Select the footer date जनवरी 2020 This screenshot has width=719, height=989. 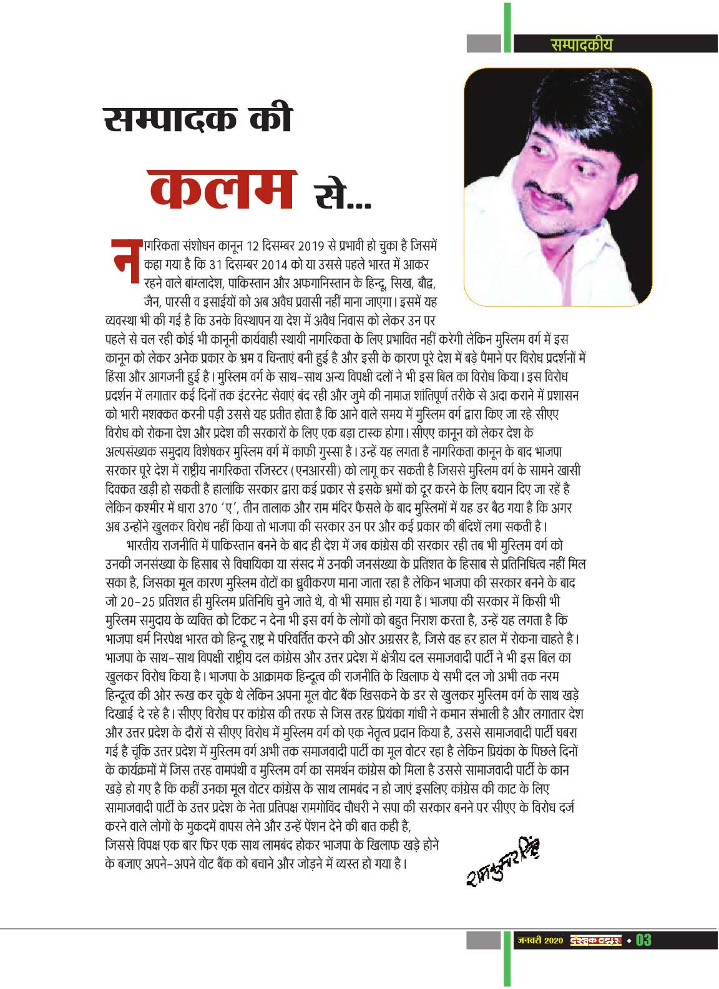539,940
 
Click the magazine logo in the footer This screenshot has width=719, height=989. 596,940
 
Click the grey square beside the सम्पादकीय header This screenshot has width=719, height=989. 484,44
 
